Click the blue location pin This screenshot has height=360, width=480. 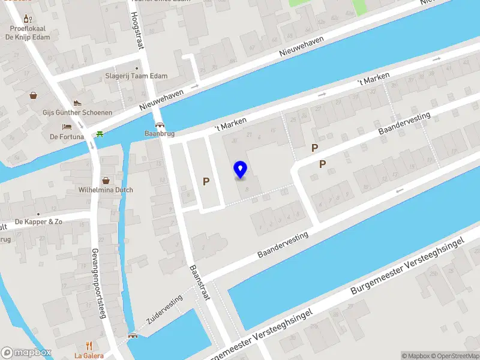click(x=241, y=170)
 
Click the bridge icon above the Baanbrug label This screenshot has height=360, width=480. click(x=160, y=125)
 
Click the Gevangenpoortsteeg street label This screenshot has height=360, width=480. click(x=98, y=283)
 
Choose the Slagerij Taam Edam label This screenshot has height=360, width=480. click(x=136, y=76)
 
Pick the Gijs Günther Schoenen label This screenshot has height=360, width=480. click(x=77, y=112)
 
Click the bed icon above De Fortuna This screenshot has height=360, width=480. click(x=67, y=127)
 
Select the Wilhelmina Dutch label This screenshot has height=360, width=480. click(x=106, y=190)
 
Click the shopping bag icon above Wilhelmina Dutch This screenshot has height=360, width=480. click(x=106, y=180)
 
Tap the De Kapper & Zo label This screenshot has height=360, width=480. click(x=38, y=221)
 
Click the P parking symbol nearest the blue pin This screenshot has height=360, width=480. click(x=206, y=181)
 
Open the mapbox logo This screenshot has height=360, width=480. click(x=26, y=353)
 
